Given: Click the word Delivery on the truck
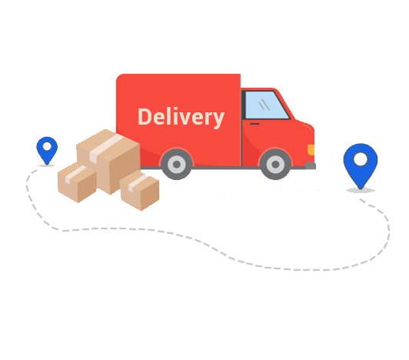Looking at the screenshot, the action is (181, 117).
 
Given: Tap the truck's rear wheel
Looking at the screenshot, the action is (177, 164).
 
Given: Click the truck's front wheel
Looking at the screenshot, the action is (275, 164).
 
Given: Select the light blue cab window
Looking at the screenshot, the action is (267, 105).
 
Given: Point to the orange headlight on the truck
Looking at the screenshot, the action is (311, 150).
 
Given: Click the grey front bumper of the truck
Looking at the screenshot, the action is (311, 165).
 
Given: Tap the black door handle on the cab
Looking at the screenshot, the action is (254, 124).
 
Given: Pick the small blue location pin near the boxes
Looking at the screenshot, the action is (47, 150).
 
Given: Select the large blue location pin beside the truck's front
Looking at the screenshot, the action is (361, 165).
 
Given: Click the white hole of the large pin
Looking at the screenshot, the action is (361, 159).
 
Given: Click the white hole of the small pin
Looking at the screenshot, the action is (47, 146).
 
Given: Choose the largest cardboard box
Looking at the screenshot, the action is (108, 162).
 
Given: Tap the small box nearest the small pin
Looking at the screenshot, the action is (77, 182).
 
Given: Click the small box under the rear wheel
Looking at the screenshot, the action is (140, 191).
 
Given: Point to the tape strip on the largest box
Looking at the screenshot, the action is (105, 148).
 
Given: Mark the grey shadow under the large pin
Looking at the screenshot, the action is (361, 190).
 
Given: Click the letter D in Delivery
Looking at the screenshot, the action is (145, 117).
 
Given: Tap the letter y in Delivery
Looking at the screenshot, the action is (218, 120).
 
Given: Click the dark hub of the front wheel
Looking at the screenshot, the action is (275, 164).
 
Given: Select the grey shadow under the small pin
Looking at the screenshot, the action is (47, 165).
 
